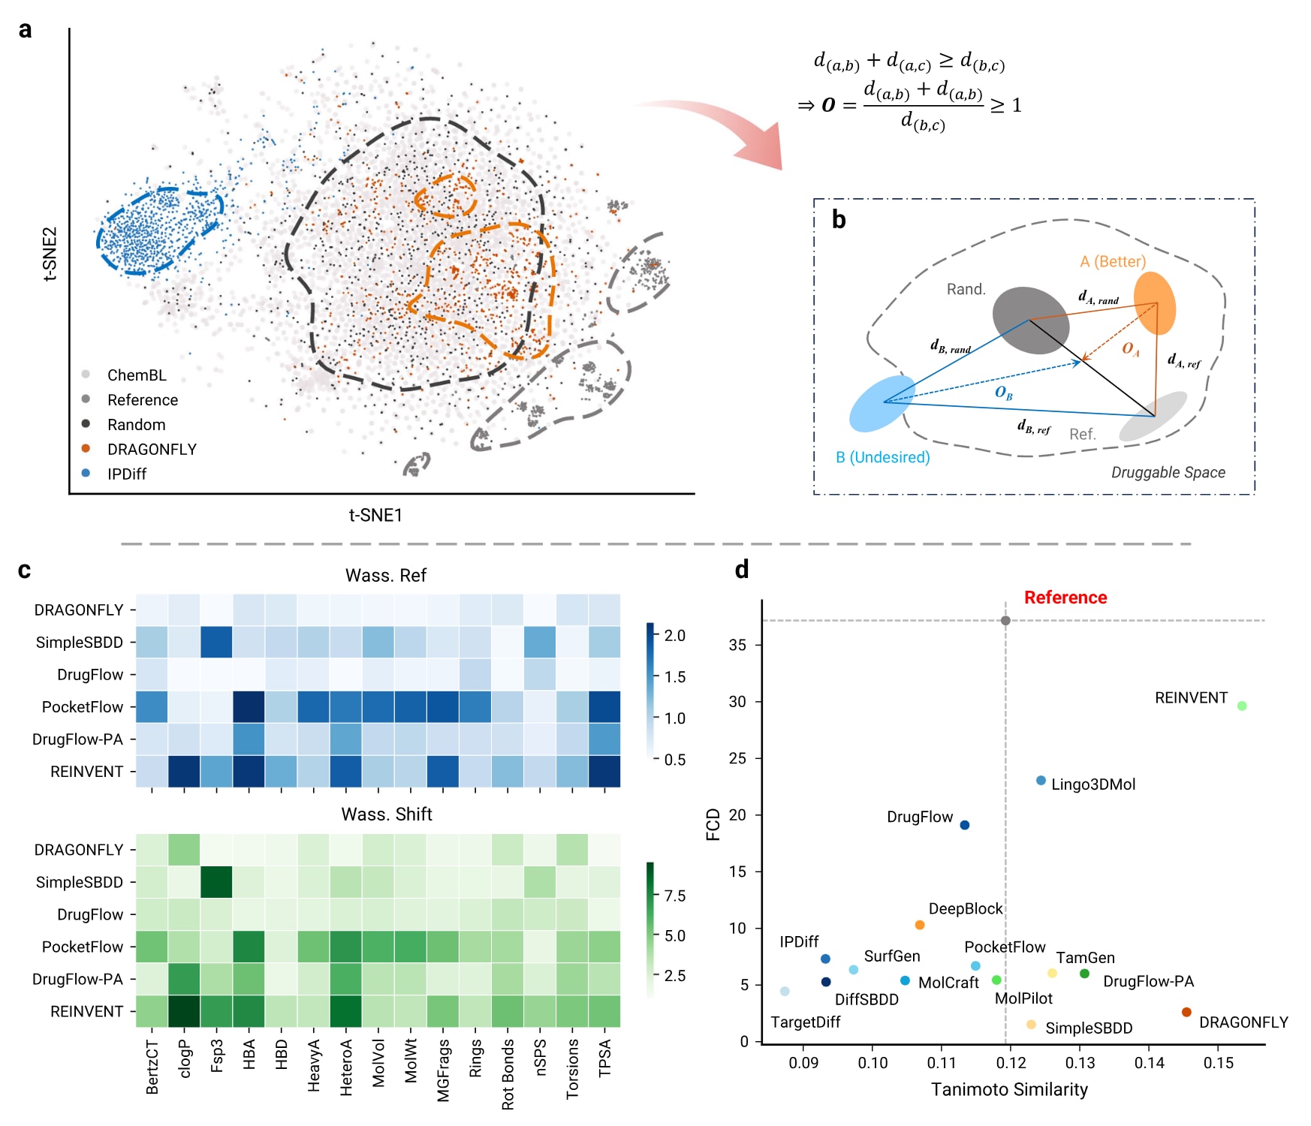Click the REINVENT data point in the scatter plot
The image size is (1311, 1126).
[x=1242, y=706]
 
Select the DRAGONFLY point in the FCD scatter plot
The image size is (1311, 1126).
[x=1186, y=1012]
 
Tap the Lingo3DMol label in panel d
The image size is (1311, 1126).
[x=1093, y=784]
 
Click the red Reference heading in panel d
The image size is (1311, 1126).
[x=1065, y=598]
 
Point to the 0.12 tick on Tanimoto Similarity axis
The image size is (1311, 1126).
[x=1011, y=1063]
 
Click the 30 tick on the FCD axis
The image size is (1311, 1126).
[x=737, y=701]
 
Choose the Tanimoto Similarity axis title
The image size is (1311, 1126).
[x=1009, y=1089]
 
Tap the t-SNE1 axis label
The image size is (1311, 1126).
[x=375, y=515]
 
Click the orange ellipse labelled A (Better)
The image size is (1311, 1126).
[x=1154, y=303]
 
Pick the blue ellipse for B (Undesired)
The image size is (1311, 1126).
[x=882, y=404]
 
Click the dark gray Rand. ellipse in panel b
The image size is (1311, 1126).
[x=1031, y=321]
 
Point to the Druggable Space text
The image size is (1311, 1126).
[x=1168, y=472]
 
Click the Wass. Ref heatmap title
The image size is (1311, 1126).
[x=386, y=575]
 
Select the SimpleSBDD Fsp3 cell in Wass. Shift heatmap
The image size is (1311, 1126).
[x=216, y=882]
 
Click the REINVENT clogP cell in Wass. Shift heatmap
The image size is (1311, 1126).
[x=184, y=1011]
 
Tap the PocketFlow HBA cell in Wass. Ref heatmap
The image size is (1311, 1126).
[x=249, y=707]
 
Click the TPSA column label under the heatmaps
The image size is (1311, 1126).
[x=604, y=1058]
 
